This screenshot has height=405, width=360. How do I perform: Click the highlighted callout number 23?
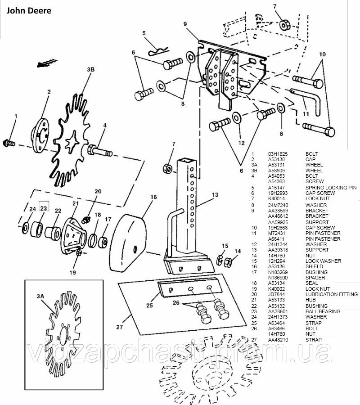click(x=44, y=208)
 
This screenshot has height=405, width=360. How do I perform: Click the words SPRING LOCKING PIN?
click(x=330, y=188)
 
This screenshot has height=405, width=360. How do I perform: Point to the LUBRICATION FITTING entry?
click(x=332, y=294)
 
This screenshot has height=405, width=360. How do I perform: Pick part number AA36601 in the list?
click(x=279, y=311)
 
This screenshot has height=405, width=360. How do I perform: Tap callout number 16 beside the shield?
click(x=153, y=197)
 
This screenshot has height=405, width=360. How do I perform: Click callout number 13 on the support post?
click(x=215, y=194)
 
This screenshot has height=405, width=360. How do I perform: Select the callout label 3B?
click(x=90, y=70)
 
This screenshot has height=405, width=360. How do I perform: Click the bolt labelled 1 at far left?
click(x=9, y=143)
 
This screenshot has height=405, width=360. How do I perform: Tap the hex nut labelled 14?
click(x=228, y=261)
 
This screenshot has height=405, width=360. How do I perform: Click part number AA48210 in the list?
click(x=279, y=339)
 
